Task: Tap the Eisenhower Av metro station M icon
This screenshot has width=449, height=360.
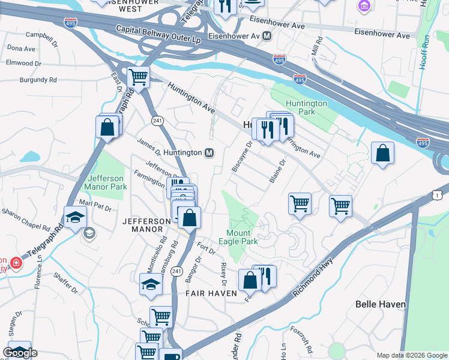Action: click(x=267, y=36)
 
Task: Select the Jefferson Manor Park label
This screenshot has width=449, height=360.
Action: click(x=107, y=182)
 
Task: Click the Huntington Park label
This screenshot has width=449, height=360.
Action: click(x=306, y=107)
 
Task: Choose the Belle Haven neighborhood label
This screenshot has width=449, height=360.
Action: click(x=381, y=304)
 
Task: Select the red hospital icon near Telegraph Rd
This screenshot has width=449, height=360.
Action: click(x=15, y=263)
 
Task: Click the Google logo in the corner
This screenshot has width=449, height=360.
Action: click(x=20, y=353)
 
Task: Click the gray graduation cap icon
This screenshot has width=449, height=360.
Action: click(x=89, y=233)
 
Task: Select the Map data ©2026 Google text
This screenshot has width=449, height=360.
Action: click(x=411, y=355)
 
